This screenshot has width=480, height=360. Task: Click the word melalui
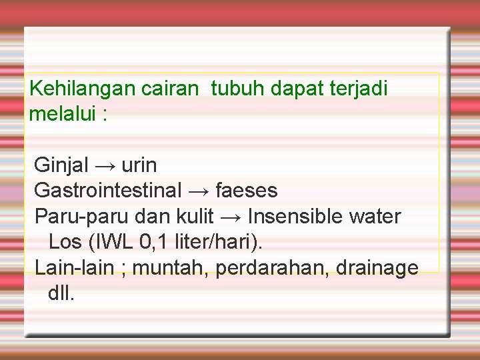point(63,114)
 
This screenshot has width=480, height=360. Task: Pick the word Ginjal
point(62,165)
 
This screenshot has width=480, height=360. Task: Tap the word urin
point(139,165)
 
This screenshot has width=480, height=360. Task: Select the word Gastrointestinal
point(107,191)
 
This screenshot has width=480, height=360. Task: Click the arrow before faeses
point(198,191)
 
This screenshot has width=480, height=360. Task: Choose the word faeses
point(247,191)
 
